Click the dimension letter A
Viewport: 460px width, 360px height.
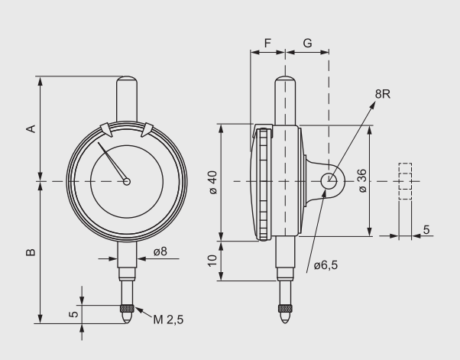[x=31, y=128]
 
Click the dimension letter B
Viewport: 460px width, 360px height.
[x=31, y=251]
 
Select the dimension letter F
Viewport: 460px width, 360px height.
[x=267, y=44]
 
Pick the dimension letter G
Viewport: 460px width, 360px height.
[x=307, y=44]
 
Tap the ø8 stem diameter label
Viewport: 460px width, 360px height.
[x=160, y=251]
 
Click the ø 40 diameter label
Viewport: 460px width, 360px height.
[x=212, y=182]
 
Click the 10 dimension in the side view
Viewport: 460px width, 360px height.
[x=212, y=261]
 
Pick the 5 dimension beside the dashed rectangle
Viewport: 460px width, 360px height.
[x=426, y=229]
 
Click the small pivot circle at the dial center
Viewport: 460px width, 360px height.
[x=127, y=181]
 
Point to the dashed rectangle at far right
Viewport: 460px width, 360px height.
[x=405, y=181]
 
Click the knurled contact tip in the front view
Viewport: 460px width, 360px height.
[x=127, y=310]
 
